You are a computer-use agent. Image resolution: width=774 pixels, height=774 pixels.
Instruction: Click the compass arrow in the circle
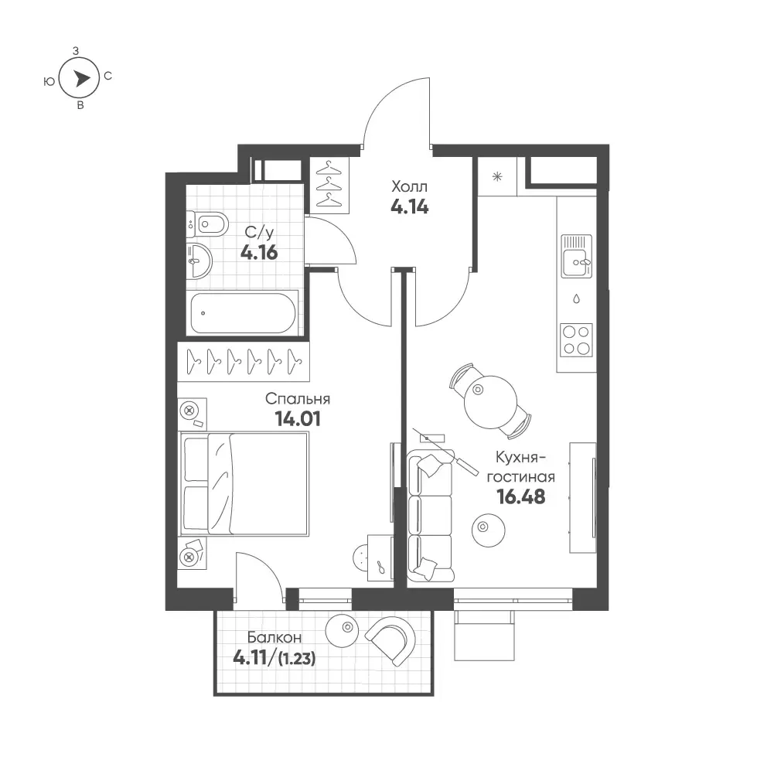pos(82,78)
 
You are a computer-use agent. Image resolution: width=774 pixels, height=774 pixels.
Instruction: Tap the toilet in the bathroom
pos(208,224)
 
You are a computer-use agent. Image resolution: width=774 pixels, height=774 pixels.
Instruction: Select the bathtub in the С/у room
pos(244,313)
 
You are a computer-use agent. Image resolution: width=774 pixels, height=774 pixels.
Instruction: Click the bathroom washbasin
pos(199,260)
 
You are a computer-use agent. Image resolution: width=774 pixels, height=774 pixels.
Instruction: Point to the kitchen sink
pos(576,257)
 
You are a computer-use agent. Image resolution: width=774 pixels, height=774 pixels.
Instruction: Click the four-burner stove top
pos(576,339)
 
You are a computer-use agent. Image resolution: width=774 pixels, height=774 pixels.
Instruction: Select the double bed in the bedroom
pos(244,484)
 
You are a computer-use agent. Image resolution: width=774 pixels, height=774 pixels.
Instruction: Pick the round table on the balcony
pos(342,630)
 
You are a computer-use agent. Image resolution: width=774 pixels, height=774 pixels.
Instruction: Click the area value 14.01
pos(298,419)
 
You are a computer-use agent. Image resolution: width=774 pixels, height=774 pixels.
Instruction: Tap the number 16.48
pos(521,496)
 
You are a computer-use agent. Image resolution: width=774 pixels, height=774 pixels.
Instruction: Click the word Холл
pos(409,186)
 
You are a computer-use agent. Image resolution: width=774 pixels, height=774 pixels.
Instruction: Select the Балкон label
pos(274,637)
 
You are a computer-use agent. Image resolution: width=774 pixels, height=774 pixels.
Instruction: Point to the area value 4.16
pos(259,253)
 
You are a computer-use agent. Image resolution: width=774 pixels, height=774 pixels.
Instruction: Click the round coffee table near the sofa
pos(488,530)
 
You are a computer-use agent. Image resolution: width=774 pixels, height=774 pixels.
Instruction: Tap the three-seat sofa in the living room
pos(431,516)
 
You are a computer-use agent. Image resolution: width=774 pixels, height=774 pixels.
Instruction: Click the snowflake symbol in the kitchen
pos(497,176)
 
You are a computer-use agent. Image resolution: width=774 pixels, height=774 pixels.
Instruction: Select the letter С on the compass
pos(108,76)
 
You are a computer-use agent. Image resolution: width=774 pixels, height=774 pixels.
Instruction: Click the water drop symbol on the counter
pos(576,298)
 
